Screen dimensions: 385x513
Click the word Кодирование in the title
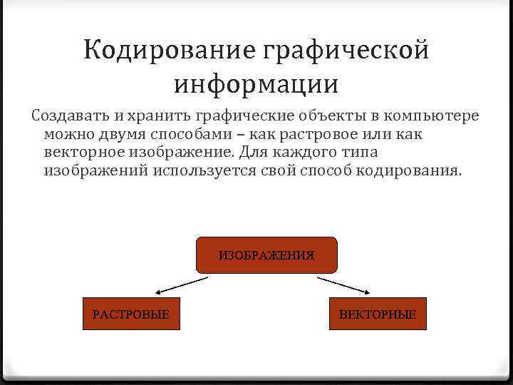pos(169,51)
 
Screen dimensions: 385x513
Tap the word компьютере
pos(432,115)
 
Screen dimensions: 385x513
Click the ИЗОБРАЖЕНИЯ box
pos(266,255)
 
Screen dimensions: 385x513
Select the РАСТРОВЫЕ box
pos(131,314)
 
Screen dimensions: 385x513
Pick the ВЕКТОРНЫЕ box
pos(378,314)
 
